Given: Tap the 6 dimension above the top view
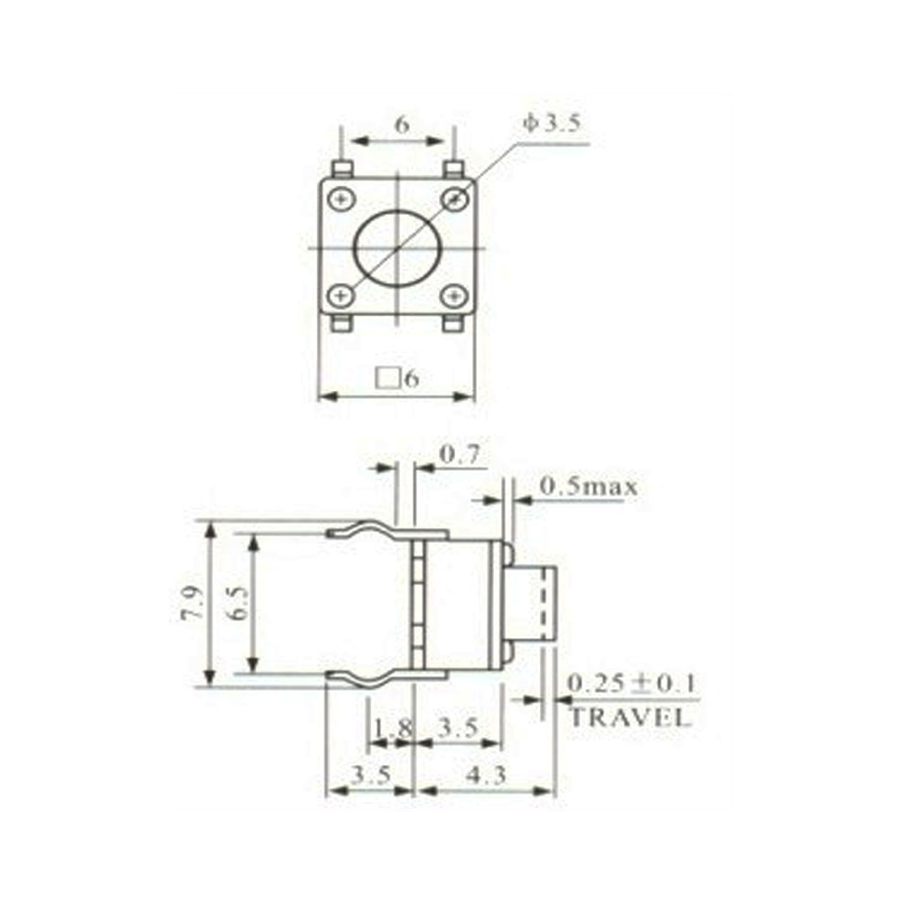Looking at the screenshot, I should click(402, 125).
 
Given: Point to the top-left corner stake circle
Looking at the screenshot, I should click(340, 199).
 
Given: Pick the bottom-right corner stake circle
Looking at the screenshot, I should click(453, 295).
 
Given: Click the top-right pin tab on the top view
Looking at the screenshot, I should click(454, 169).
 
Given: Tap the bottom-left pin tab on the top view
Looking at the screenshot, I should click(340, 323).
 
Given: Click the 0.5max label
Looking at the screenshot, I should click(588, 487).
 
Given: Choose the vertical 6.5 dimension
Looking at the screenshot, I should click(237, 602).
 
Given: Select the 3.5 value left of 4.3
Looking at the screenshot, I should click(370, 775).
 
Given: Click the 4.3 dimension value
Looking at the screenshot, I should click(487, 775).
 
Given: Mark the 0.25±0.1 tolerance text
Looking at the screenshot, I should click(631, 684).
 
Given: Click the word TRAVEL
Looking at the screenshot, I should click(629, 719).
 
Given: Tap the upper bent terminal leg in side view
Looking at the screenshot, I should click(370, 530).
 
